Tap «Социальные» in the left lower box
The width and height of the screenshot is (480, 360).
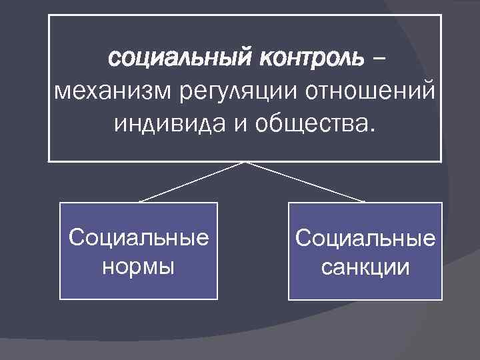[139, 237]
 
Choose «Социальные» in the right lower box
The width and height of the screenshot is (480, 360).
[365, 238]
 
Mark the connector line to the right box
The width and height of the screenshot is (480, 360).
[305, 182]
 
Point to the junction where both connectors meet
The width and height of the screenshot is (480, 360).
[245, 163]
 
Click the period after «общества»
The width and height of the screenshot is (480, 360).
[373, 129]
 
